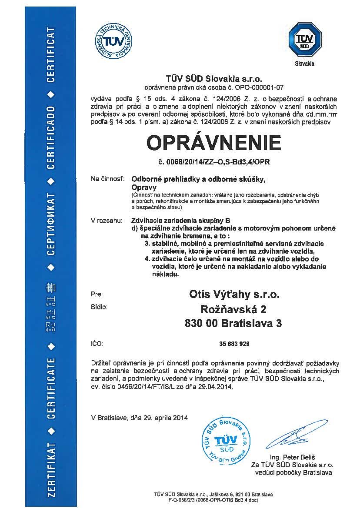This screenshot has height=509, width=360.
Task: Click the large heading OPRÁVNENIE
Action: pyautogui.click(x=213, y=143)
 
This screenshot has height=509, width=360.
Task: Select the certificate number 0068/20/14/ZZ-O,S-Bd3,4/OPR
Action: pyautogui.click(x=213, y=164)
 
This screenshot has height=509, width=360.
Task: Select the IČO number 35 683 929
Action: pyautogui.click(x=235, y=344)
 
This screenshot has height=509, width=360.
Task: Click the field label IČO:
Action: pyautogui.click(x=97, y=344)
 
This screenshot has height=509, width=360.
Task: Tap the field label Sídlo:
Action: pyautogui.click(x=99, y=307)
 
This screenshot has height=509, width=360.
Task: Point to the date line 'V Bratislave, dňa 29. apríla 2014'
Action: pyautogui.click(x=139, y=418)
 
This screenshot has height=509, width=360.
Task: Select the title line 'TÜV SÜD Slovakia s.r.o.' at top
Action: pyautogui.click(x=213, y=79)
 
